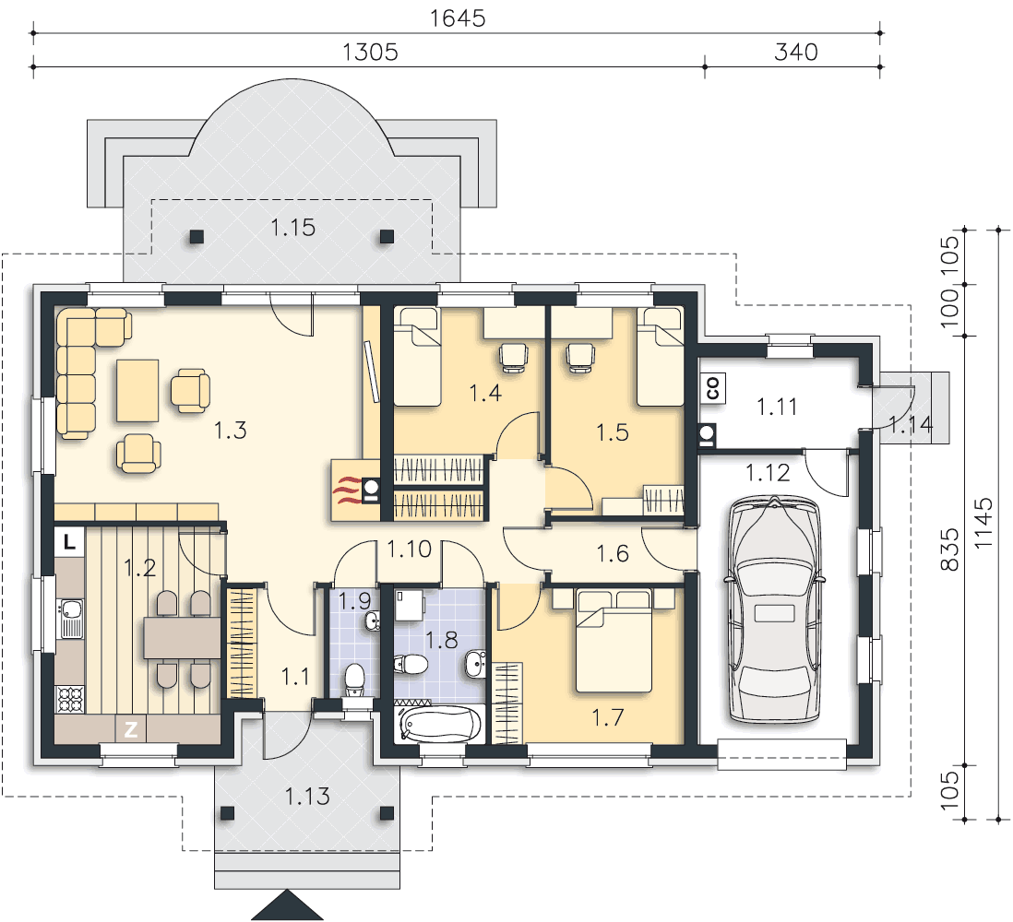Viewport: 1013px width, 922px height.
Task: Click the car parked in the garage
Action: point(775,609)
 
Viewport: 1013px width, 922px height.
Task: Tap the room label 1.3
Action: point(230,430)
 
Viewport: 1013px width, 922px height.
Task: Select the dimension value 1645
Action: point(458,18)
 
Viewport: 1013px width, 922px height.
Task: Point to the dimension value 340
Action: point(796,52)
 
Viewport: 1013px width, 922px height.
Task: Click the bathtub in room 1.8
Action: point(441,724)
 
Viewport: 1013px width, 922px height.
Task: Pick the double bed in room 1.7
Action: point(614,641)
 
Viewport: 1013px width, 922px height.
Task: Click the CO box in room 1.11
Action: point(712,388)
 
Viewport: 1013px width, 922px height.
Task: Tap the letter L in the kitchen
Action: point(69,541)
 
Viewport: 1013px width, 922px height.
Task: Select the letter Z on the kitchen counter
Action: point(130,729)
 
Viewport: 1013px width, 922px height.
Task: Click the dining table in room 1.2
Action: point(182,638)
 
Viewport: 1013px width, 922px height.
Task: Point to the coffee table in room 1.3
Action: point(137,391)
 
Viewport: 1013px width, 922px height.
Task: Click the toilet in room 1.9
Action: point(354,680)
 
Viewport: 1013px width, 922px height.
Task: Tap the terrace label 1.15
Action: point(292,227)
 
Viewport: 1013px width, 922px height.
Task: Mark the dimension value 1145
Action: point(983,523)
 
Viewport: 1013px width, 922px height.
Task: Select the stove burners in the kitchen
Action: point(70,699)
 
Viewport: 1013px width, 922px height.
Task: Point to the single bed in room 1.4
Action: point(417,357)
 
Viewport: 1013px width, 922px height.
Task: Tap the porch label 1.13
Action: point(307,796)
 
